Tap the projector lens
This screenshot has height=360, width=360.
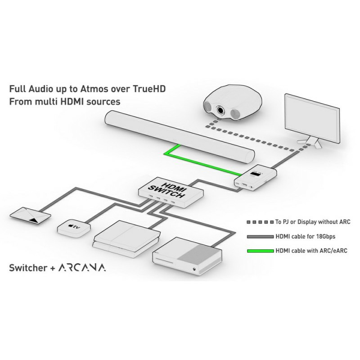click(x=220, y=110)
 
